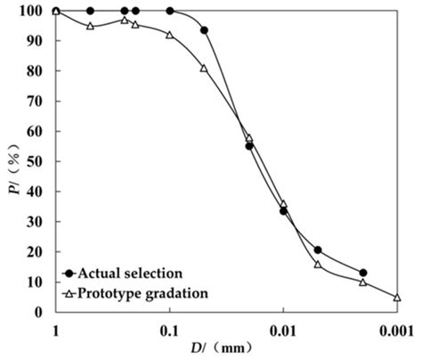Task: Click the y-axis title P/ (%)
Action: [11, 161]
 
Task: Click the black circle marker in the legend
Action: [68, 272]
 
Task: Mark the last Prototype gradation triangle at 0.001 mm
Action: [397, 297]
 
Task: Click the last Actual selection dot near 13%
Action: [363, 273]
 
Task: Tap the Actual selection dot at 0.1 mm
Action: [170, 11]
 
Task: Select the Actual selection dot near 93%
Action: [204, 30]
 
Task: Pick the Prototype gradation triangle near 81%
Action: [204, 68]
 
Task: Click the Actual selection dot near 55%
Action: [249, 145]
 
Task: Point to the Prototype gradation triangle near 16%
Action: [318, 264]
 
